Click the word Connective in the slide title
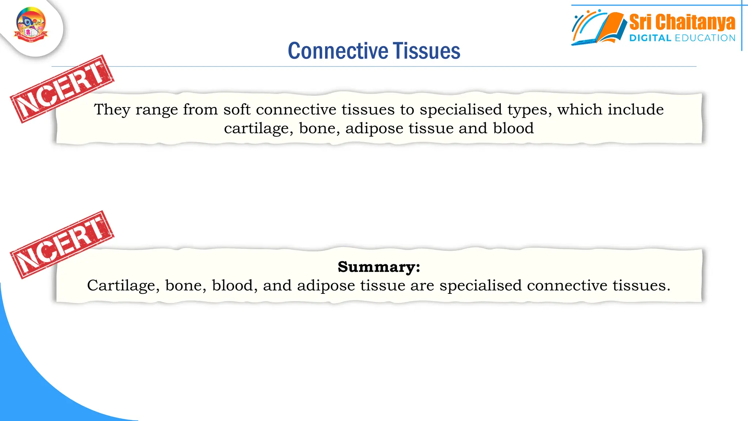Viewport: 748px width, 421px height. pos(338,51)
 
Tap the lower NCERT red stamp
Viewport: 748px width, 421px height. pos(62,244)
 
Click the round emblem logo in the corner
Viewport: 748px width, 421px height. pos(31,25)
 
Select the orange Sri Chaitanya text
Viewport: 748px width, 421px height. pos(682,22)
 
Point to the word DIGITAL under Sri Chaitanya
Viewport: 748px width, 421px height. pos(650,38)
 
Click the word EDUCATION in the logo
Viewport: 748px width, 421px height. pos(705,38)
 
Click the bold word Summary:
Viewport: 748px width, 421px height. pos(379,267)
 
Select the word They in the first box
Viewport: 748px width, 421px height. pos(112,110)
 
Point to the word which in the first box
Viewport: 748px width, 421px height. pos(579,110)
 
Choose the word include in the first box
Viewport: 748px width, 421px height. pos(636,110)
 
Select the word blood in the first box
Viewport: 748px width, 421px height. pos(513,128)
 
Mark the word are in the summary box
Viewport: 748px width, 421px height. pos(422,286)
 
